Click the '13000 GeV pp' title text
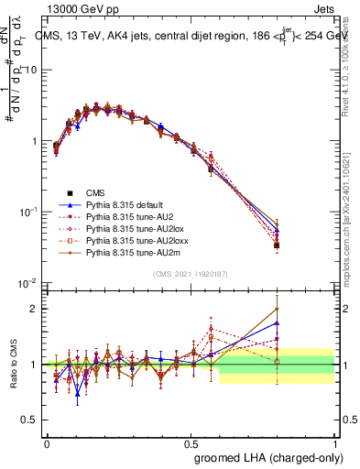pos(78,7)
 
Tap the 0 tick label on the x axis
pos(47,443)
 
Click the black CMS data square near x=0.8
pos(277,245)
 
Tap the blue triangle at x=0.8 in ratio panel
pos(277,323)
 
